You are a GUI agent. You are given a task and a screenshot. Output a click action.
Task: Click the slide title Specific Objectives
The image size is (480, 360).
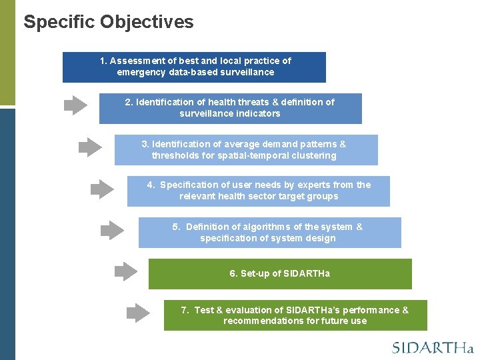coord(109,22)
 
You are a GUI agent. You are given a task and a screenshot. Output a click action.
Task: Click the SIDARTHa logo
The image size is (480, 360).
coord(432,347)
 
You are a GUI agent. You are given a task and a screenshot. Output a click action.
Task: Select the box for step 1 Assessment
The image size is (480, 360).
coord(194,67)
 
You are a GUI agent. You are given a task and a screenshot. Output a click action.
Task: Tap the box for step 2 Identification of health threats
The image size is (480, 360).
coord(230,108)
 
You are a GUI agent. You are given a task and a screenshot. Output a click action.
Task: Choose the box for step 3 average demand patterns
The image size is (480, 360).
coord(245,150)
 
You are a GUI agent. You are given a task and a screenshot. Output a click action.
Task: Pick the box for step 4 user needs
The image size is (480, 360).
coord(258,191)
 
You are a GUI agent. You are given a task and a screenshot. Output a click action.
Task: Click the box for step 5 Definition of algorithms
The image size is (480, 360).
coord(269,233)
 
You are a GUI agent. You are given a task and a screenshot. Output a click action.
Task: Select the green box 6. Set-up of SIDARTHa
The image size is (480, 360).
coord(280,274)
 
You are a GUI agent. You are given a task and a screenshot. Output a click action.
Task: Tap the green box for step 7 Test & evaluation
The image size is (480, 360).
coord(295,315)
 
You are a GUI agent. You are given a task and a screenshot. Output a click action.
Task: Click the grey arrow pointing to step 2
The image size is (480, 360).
coord(75,105)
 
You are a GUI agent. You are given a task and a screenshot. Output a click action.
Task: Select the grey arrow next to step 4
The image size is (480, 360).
coord(102,189)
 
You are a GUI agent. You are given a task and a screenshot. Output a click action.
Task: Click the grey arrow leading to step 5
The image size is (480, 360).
coord(112,230)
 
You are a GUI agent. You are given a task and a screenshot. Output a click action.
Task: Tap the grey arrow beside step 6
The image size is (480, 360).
coord(125,271)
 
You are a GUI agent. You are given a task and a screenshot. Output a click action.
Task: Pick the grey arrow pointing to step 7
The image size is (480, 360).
coord(139,313)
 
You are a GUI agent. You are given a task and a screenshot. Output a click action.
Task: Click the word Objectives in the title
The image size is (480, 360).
coord(147,22)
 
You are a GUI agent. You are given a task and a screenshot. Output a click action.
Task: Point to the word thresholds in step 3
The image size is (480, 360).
coord(176,155)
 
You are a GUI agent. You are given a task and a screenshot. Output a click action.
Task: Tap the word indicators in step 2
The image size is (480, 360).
coord(257,113)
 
